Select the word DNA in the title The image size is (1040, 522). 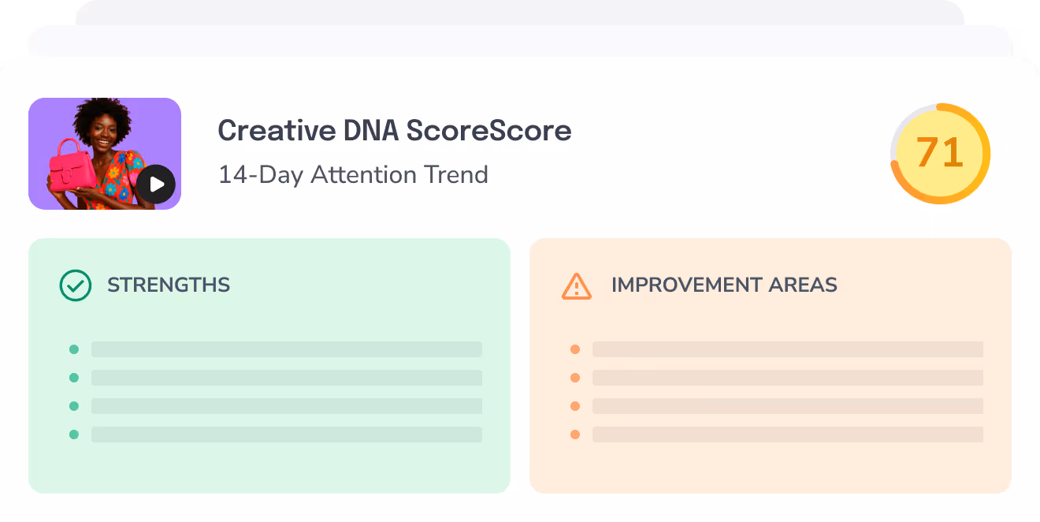coord(370,131)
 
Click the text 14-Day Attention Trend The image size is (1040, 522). coord(353,174)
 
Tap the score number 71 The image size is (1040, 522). coord(940,153)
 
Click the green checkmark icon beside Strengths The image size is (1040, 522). coord(76,285)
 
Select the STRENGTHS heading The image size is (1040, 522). coord(169,285)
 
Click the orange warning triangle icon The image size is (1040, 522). coord(576,285)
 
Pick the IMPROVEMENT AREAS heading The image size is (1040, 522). coord(724,285)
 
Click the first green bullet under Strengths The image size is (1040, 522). coord(74,349)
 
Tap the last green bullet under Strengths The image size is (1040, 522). coord(74,434)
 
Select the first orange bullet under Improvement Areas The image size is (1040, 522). coord(575,349)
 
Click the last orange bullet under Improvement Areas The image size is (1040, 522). coord(575,434)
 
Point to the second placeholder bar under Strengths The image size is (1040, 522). coord(286,378)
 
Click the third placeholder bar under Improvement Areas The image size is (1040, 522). coord(787,406)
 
